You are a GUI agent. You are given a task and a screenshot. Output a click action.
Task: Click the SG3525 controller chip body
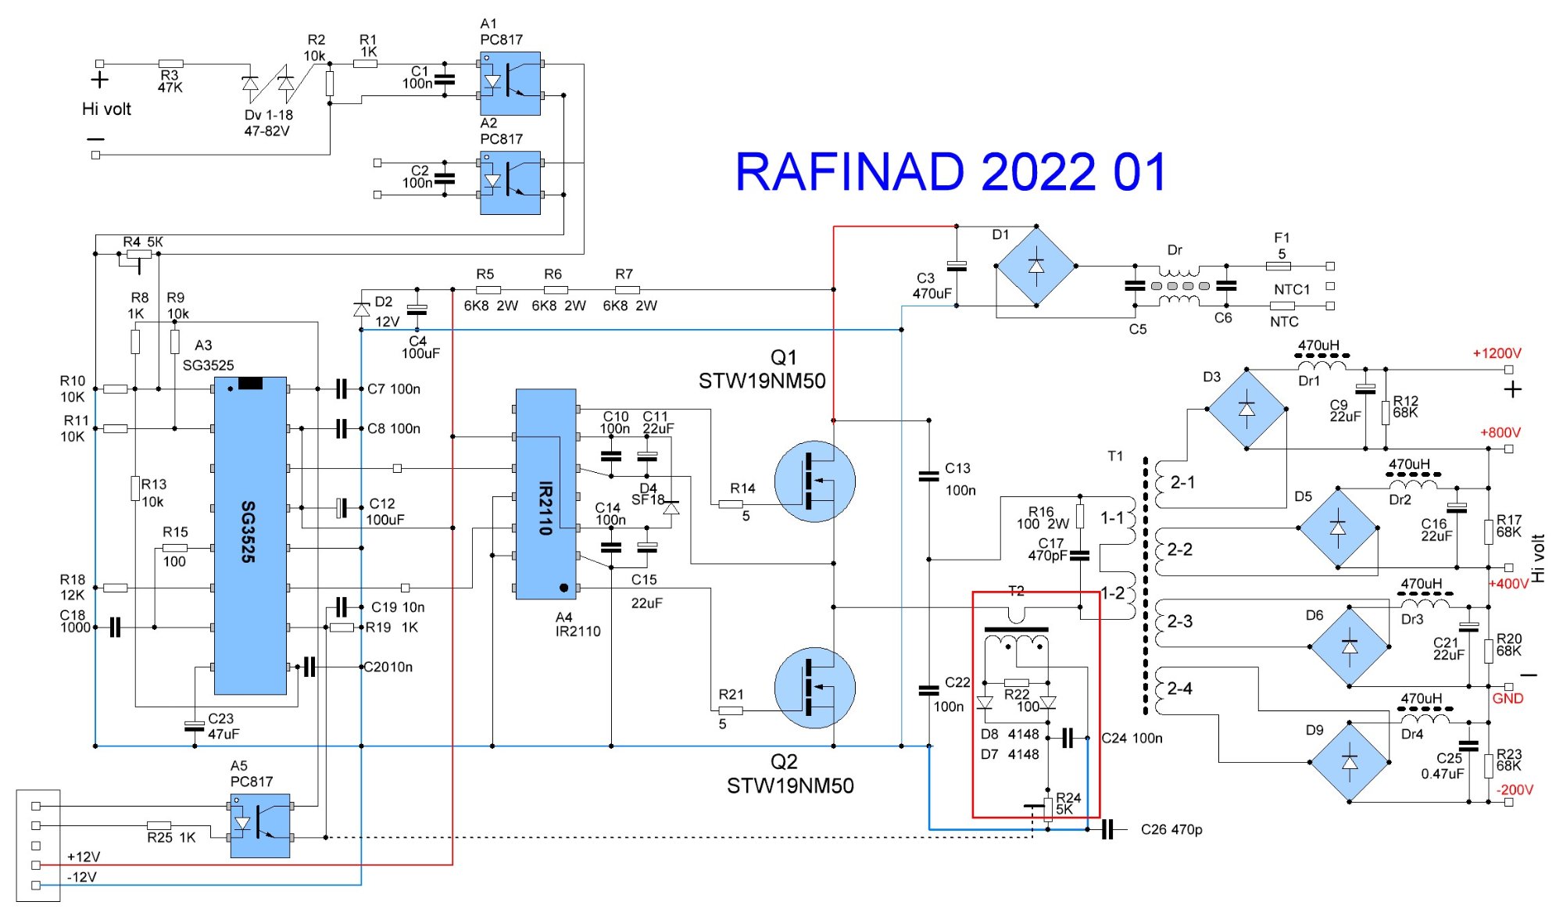pos(250,535)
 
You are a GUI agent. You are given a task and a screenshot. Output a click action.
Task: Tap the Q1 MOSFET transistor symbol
pos(814,481)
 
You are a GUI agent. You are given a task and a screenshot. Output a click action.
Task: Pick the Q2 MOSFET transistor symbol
pos(814,688)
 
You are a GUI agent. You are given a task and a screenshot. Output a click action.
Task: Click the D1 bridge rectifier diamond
pos(1035,267)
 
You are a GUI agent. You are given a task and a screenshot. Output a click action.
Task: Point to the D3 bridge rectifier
pos(1246,409)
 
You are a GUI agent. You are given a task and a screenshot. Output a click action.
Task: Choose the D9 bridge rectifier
pos(1350,763)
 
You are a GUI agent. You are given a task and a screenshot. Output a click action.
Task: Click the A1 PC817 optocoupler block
pos(510,84)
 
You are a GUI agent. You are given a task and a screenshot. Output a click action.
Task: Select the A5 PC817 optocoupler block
pos(260,825)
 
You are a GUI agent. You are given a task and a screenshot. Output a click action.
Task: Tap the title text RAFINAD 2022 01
pos(950,173)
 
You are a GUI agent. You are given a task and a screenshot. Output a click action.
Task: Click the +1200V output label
pos(1497,353)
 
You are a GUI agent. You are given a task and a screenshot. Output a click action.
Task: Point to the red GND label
pos(1508,699)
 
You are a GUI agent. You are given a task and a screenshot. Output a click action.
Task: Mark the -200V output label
pos(1515,790)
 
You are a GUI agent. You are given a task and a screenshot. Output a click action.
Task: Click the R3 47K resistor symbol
pos(170,64)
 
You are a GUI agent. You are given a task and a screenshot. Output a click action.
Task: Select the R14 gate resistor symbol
pos(731,504)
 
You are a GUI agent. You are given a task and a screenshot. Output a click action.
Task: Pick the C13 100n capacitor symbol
pos(928,475)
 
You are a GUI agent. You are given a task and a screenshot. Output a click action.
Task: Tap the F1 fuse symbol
pos(1278,267)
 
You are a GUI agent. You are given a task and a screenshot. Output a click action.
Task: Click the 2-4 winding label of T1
pos(1179,689)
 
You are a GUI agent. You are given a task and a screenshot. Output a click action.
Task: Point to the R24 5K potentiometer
pos(1047,808)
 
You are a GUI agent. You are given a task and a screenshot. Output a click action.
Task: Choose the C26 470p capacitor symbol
pos(1107,829)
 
